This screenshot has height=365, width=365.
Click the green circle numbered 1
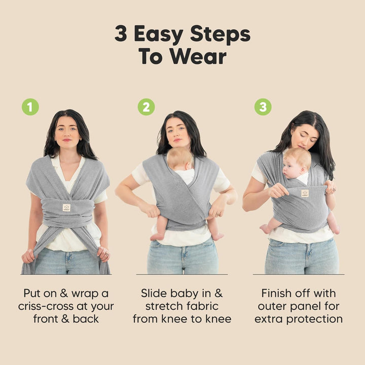[x=30, y=106]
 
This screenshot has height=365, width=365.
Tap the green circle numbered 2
[x=147, y=106]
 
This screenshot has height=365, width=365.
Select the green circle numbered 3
[x=263, y=106]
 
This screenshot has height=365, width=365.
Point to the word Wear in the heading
[x=200, y=56]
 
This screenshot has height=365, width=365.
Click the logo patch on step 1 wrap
[x=66, y=207]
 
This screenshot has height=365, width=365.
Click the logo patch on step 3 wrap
[x=305, y=193]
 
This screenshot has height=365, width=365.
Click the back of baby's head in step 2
[x=179, y=159]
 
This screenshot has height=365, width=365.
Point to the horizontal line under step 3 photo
[x=299, y=274]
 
